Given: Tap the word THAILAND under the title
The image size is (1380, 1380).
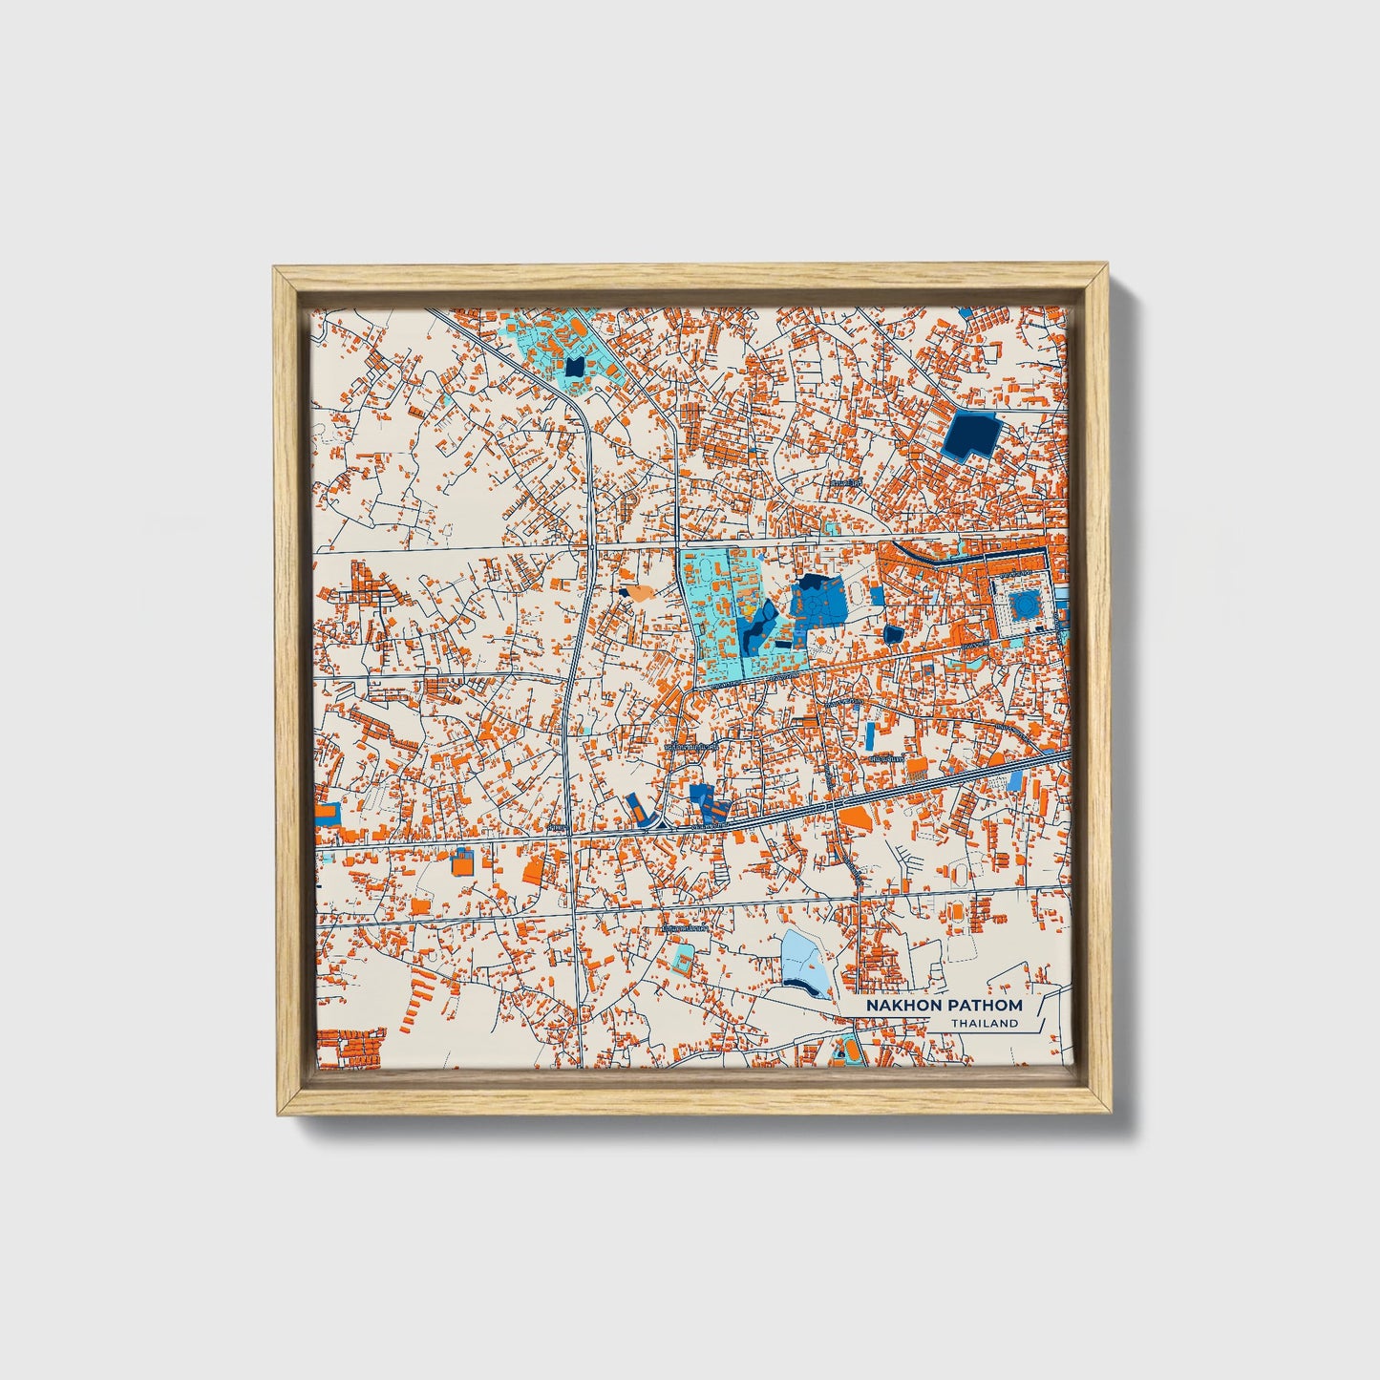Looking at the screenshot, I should (984, 1024).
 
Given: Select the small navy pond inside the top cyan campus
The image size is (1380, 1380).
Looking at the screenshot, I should (573, 367).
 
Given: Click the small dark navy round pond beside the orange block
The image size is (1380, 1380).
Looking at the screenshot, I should (893, 633).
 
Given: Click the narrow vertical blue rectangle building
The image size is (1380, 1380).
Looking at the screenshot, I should (870, 735).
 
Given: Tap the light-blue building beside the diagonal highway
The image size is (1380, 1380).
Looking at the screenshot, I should (1014, 780).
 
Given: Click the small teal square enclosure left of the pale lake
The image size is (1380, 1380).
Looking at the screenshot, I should (683, 958).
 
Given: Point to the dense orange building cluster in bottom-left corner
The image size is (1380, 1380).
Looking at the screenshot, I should (350, 1048).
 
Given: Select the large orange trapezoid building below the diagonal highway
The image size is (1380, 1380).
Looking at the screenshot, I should (857, 817).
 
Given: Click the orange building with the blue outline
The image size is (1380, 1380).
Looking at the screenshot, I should (462, 862).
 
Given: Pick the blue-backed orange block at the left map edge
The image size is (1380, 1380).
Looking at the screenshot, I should (327, 813).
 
